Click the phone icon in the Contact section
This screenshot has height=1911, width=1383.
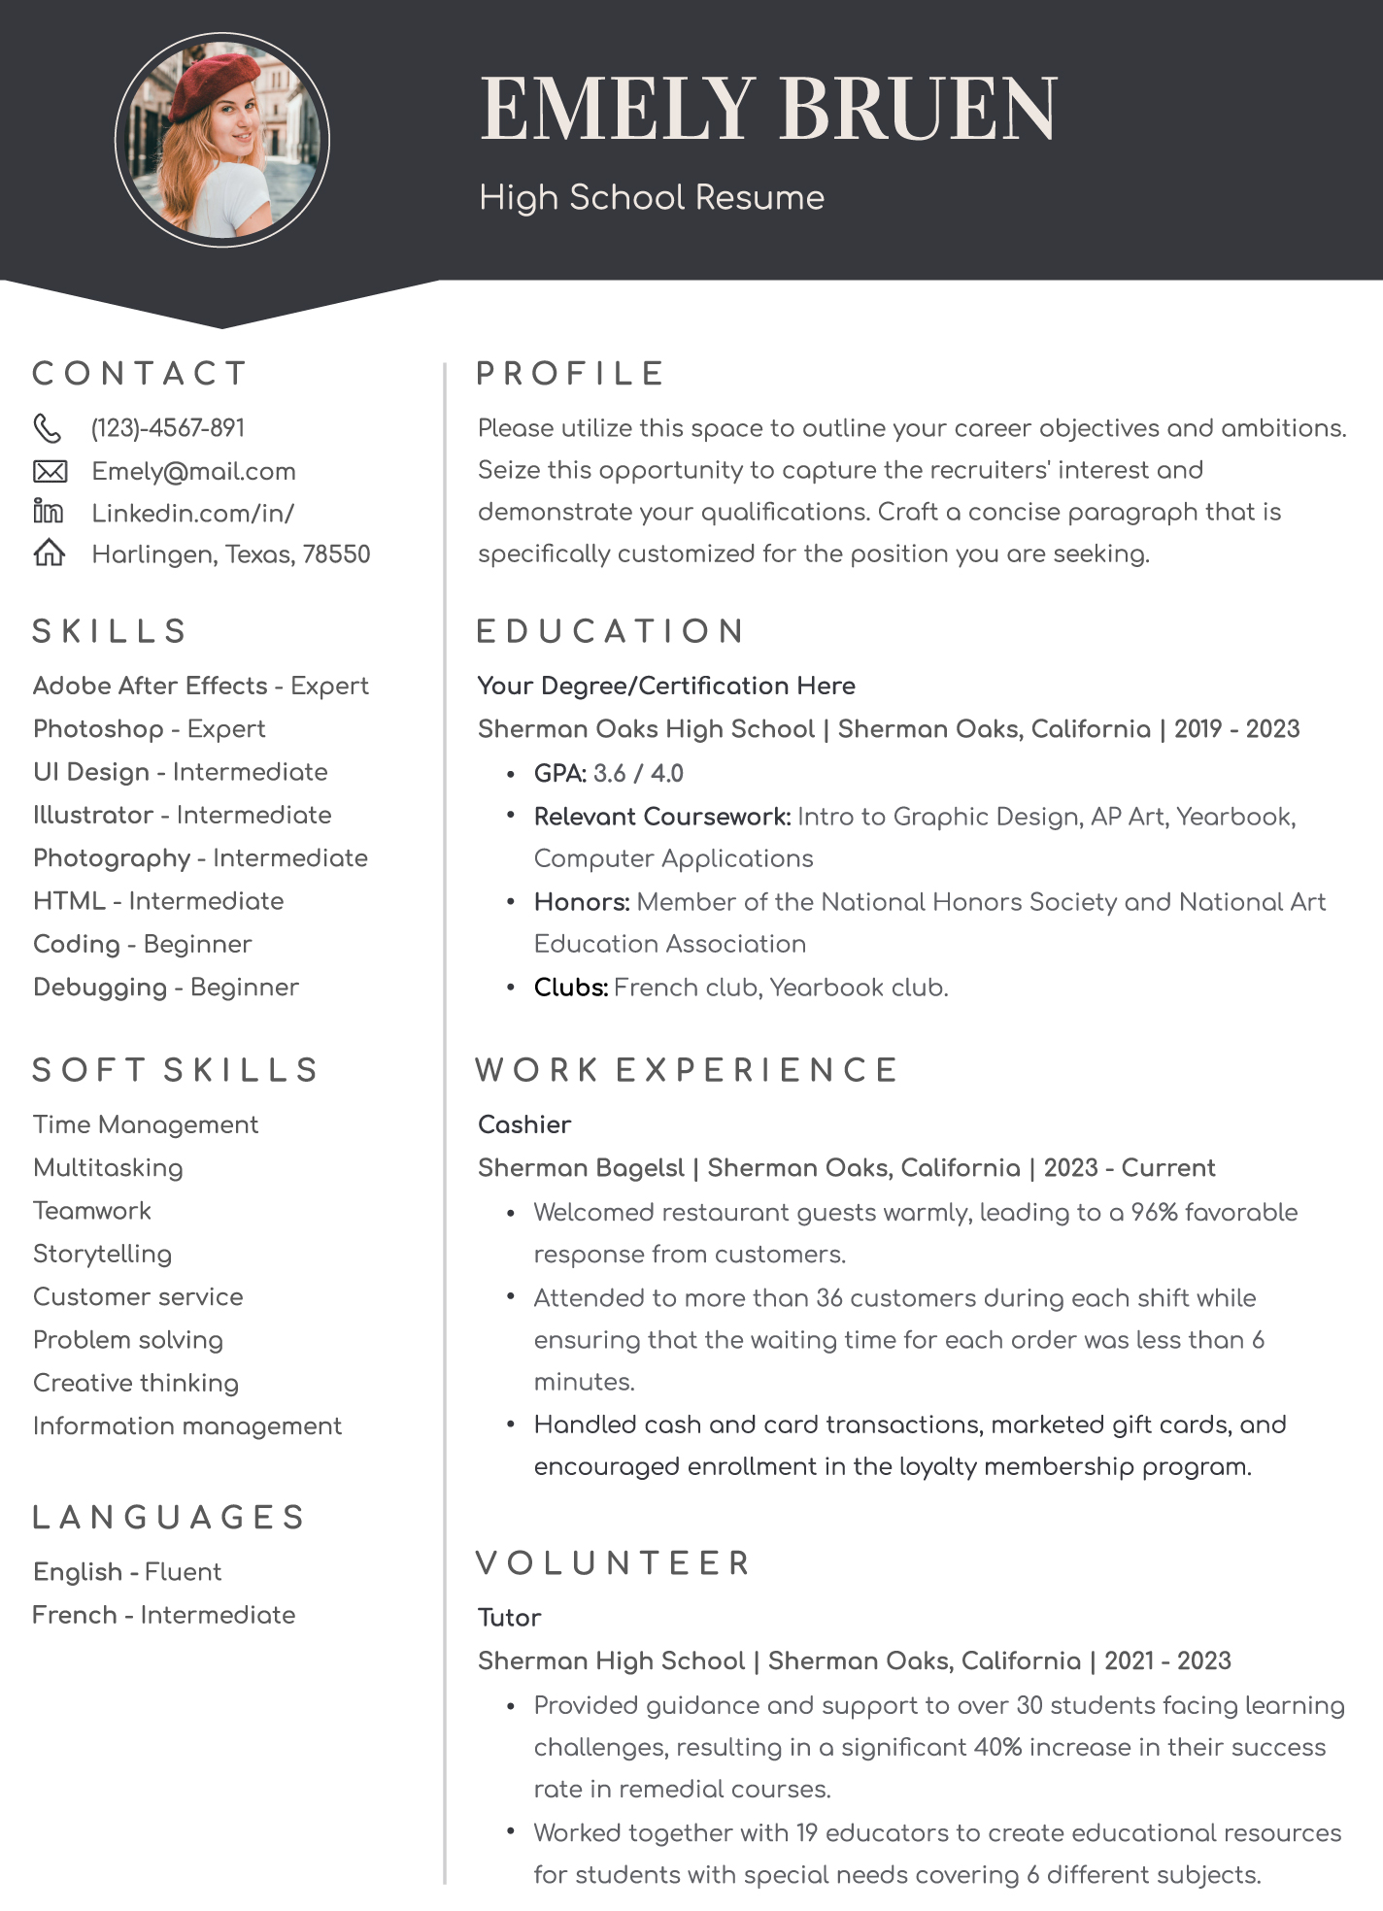pos(48,428)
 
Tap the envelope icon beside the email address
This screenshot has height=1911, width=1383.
pos(50,472)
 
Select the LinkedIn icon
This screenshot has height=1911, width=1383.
pos(48,512)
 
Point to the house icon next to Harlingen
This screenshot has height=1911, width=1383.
pos(50,553)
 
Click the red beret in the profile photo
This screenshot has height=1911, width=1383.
pos(215,84)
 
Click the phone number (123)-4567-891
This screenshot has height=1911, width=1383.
pos(168,428)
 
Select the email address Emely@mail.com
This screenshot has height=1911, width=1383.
pos(193,472)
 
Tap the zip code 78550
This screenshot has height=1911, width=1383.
pos(336,554)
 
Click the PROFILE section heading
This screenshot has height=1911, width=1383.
pos(570,374)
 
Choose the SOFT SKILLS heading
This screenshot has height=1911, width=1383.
pos(176,1070)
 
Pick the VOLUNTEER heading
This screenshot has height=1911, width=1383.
pos(614,1563)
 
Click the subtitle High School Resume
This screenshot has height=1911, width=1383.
pos(652,198)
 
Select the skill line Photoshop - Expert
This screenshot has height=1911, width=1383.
pos(149,729)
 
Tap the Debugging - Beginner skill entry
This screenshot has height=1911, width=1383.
pos(166,988)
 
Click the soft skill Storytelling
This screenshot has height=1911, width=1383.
pos(102,1254)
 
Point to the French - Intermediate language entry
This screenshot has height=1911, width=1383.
pos(164,1615)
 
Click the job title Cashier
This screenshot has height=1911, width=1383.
pos(524,1124)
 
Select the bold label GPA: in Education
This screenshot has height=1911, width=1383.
pos(560,774)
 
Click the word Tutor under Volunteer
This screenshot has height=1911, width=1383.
pos(509,1618)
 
